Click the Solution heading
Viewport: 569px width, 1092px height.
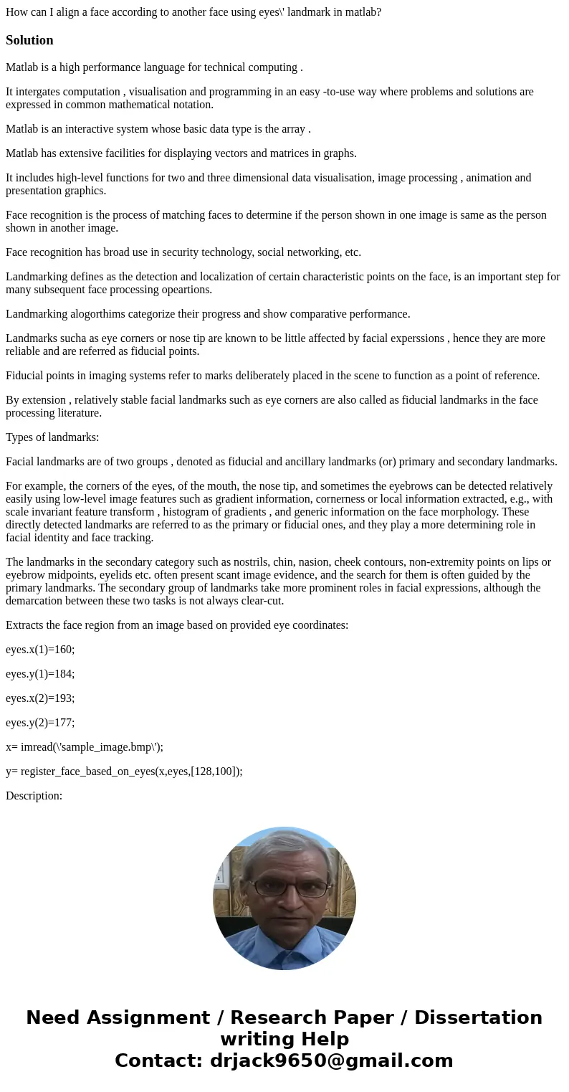pyautogui.click(x=29, y=40)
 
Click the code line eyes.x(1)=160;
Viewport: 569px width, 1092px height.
pyautogui.click(x=40, y=650)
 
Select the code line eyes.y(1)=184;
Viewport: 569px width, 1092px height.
pyautogui.click(x=40, y=674)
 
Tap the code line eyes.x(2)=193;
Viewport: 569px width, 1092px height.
pyautogui.click(x=40, y=698)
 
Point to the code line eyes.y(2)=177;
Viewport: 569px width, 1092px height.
pyautogui.click(x=40, y=723)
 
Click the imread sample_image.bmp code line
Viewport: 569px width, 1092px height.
pyautogui.click(x=85, y=747)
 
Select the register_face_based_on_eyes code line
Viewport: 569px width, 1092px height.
pyautogui.click(x=124, y=771)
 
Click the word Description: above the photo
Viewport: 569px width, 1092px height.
pyautogui.click(x=34, y=796)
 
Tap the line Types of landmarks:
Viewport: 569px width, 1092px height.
pyautogui.click(x=52, y=437)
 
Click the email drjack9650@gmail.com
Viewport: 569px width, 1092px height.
pyautogui.click(x=331, y=1061)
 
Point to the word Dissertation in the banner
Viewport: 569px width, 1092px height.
pyautogui.click(x=478, y=1018)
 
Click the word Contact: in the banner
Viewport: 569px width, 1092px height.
pyautogui.click(x=158, y=1061)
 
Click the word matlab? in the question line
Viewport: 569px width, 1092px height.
pyautogui.click(x=361, y=12)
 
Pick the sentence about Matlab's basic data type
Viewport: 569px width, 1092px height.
pyautogui.click(x=158, y=129)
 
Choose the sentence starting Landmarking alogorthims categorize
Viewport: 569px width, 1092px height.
pyautogui.click(x=208, y=314)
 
